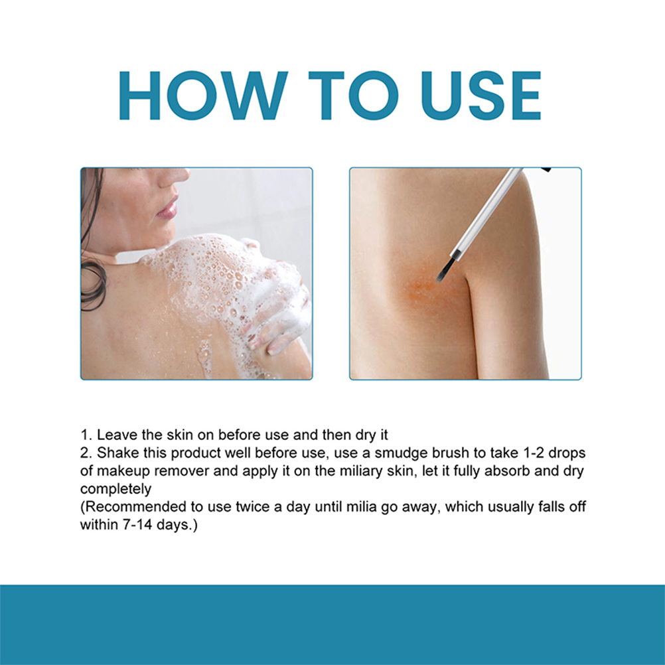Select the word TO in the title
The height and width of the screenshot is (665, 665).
(353, 96)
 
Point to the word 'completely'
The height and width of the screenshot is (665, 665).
(115, 489)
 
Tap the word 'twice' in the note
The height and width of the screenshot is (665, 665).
(254, 507)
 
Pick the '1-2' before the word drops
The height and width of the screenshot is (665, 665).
(533, 453)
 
